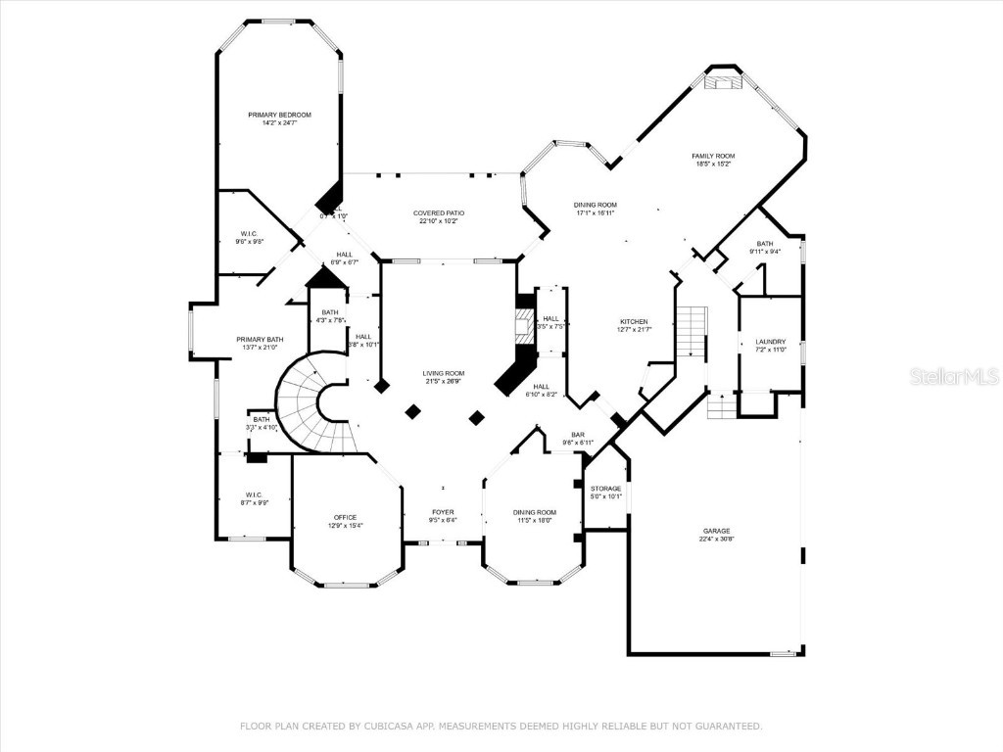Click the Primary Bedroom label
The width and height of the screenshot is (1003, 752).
(279, 115)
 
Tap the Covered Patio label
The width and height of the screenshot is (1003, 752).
(438, 212)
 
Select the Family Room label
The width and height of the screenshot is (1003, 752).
(713, 156)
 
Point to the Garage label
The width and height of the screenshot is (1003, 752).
(715, 530)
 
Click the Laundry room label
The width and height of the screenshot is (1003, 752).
(770, 342)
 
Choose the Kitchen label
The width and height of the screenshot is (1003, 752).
(634, 321)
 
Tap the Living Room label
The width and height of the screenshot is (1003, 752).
(443, 373)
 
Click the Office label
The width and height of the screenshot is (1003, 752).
(345, 517)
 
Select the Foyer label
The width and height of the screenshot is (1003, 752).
(444, 511)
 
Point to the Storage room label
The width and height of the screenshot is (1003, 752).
(605, 488)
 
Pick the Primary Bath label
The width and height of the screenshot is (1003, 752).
(259, 339)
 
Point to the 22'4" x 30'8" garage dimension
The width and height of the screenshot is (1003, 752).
(715, 539)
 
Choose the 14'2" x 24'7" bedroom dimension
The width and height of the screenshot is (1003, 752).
(279, 123)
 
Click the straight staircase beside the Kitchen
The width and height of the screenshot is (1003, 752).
(692, 331)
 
